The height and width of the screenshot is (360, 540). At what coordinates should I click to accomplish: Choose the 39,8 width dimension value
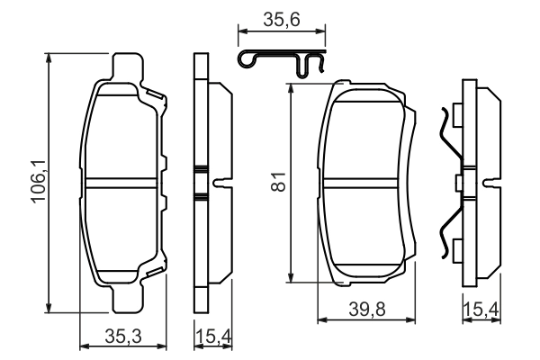point(366,310)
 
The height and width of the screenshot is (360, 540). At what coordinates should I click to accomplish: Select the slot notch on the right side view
point(490,184)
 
